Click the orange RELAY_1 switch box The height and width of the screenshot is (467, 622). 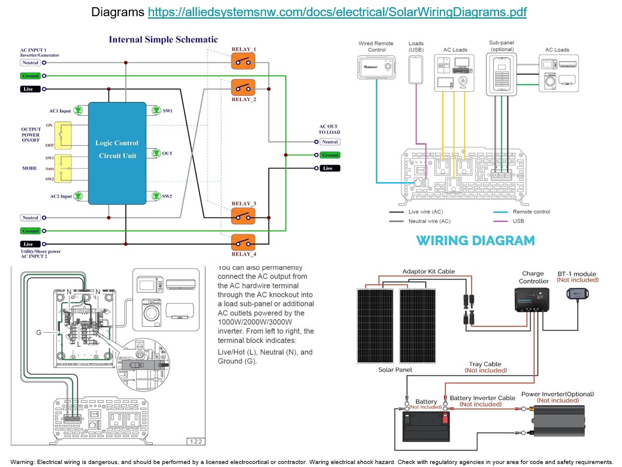[243, 61]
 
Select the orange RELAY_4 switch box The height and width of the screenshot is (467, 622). [243, 243]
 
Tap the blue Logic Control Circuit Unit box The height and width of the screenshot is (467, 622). [117, 149]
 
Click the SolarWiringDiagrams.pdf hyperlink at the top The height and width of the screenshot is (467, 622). [337, 12]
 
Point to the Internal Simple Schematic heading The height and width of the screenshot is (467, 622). [163, 40]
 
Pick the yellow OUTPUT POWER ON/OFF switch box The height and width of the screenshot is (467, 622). [64, 135]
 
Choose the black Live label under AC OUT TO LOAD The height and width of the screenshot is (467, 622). [327, 168]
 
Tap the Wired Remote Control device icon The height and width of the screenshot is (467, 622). [376, 68]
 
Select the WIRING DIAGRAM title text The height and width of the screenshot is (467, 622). [475, 240]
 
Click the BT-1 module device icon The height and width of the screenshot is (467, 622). [578, 293]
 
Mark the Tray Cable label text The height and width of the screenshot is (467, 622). [485, 364]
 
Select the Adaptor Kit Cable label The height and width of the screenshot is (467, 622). [428, 272]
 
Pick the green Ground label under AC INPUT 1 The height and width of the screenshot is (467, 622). [31, 76]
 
